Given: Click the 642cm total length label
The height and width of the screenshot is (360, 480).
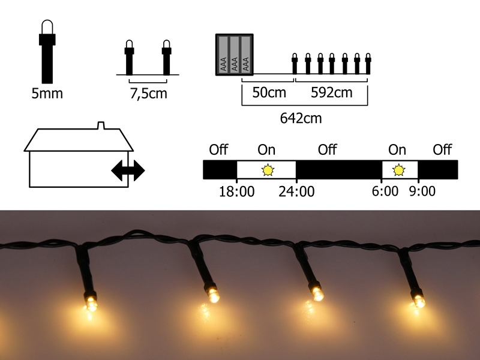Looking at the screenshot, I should pyautogui.click(x=301, y=118).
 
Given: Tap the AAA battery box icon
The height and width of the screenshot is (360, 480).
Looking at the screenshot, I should pyautogui.click(x=235, y=55).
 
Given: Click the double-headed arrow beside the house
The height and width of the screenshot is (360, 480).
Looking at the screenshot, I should pyautogui.click(x=128, y=170).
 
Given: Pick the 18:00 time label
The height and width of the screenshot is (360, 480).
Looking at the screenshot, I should pyautogui.click(x=237, y=191).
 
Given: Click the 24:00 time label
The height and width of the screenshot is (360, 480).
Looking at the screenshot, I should pyautogui.click(x=296, y=191).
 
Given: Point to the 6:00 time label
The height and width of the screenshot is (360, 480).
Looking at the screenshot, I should pyautogui.click(x=385, y=191).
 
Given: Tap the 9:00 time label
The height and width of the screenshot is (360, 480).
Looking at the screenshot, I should pyautogui.click(x=422, y=191).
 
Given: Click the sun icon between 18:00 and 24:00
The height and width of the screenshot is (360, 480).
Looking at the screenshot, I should pyautogui.click(x=267, y=170).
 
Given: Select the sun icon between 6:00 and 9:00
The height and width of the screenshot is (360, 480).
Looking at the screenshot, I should pyautogui.click(x=398, y=170).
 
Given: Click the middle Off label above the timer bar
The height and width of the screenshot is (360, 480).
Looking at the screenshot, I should pyautogui.click(x=327, y=149).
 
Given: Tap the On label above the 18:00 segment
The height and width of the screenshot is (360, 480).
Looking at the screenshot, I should pyautogui.click(x=266, y=149).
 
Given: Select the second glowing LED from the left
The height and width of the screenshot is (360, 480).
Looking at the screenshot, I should pyautogui.click(x=213, y=295).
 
